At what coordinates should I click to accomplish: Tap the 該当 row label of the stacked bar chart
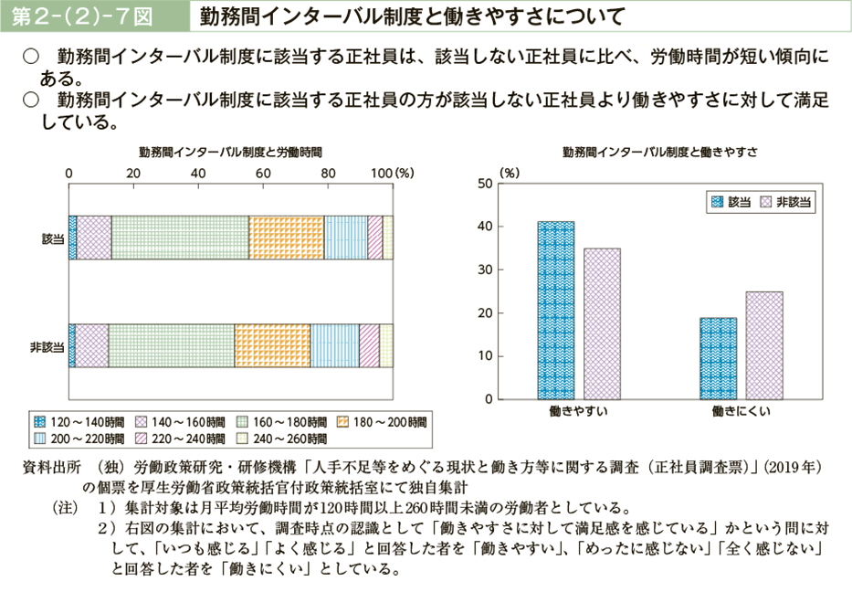point(53,238)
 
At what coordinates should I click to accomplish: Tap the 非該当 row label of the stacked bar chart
point(47,346)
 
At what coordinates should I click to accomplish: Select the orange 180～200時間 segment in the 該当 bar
point(287,238)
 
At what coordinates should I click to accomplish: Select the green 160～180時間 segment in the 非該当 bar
point(172,346)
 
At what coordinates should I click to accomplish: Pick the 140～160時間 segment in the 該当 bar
point(94,238)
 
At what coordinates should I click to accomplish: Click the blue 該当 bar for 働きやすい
point(556,310)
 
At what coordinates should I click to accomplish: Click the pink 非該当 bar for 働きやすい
point(602,323)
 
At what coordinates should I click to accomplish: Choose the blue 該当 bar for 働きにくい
point(718,358)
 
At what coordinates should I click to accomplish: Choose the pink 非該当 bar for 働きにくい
point(763,345)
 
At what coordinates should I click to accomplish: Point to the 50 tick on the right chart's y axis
point(484,184)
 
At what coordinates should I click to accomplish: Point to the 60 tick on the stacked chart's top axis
point(263,174)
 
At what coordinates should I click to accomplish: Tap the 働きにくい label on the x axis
point(742,412)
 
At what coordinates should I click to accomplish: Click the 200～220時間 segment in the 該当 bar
point(346,238)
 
